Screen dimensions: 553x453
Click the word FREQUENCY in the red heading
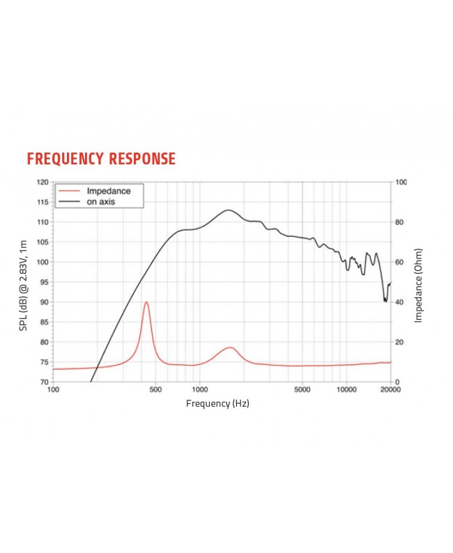66,159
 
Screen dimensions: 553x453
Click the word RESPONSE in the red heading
142,159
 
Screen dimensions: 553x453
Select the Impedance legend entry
108,191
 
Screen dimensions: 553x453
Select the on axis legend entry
101,201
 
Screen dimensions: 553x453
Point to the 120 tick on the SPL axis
43,182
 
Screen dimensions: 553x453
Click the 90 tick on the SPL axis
45,302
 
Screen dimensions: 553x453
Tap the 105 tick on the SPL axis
43,242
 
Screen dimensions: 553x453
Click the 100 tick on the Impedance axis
401,182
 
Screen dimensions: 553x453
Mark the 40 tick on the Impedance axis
399,302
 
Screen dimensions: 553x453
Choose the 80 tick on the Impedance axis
399,222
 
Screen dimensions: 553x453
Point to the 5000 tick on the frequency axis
302,389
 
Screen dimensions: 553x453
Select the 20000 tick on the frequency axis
390,389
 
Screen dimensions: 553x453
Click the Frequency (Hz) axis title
217,403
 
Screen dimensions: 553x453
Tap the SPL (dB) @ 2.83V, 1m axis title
23,282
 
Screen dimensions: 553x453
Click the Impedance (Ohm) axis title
419,282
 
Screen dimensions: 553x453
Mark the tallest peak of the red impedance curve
146,302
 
